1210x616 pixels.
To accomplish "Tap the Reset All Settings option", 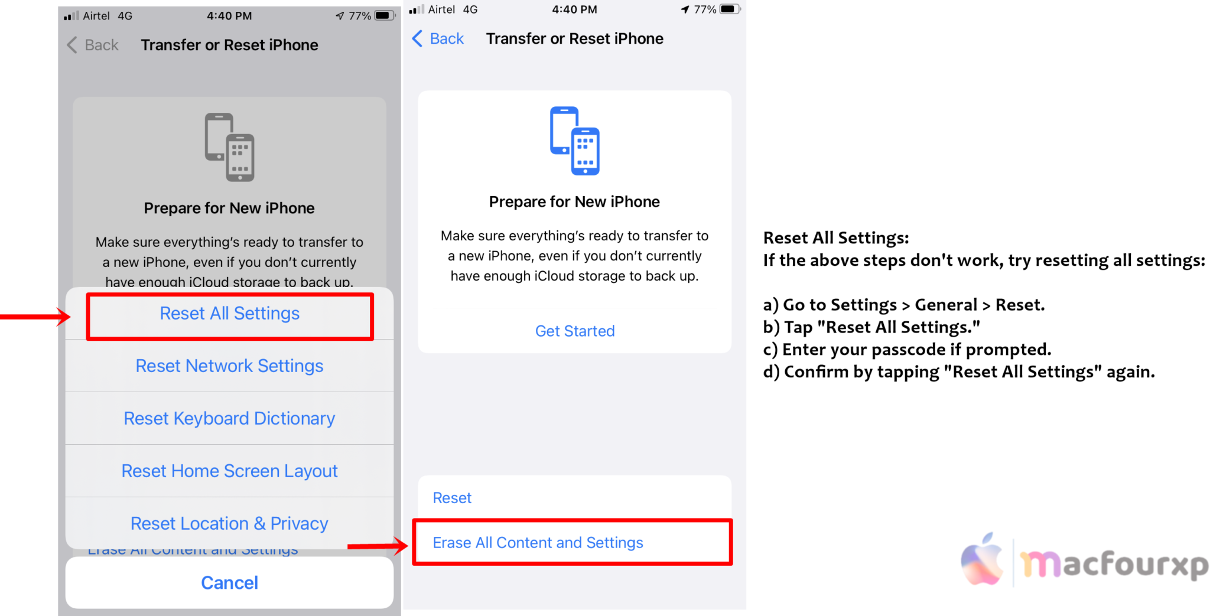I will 229,314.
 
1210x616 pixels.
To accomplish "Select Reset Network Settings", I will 229,366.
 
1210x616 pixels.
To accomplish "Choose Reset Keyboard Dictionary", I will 229,419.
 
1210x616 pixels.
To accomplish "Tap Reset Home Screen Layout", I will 229,471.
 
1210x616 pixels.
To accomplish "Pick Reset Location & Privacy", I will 229,524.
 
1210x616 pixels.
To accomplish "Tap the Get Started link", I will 574,331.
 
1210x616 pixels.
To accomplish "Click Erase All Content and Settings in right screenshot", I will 538,543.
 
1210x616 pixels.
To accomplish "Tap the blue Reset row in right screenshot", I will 452,498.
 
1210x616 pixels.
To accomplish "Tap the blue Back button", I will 438,39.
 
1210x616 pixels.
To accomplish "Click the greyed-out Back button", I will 93,45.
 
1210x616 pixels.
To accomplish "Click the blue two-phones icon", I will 574,141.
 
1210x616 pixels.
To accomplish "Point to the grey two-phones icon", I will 229,147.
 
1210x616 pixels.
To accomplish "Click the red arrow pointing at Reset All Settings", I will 35,317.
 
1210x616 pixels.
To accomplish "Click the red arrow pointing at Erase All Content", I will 378,546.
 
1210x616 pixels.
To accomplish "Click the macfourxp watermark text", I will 1114,564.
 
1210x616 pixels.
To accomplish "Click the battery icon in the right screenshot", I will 729,9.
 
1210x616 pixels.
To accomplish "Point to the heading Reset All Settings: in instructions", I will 836,238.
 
